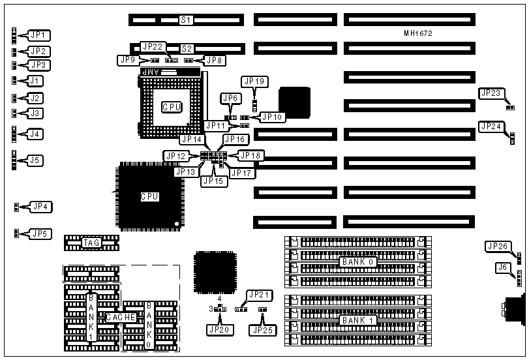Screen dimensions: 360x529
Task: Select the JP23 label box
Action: click(491, 93)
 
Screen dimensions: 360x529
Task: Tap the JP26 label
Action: click(498, 246)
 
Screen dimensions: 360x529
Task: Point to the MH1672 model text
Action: click(418, 33)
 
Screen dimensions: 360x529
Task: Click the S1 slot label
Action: click(187, 21)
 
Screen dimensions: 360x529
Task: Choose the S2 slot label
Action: click(187, 48)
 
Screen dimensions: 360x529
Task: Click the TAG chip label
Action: click(91, 243)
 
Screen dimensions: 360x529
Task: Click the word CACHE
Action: click(121, 317)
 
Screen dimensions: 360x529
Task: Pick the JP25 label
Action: click(262, 329)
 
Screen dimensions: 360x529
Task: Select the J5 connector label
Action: click(35, 159)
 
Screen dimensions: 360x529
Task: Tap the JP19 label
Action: click(254, 82)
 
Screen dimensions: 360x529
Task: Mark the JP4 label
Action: click(41, 207)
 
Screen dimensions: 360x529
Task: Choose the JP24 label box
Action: click(491, 126)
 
